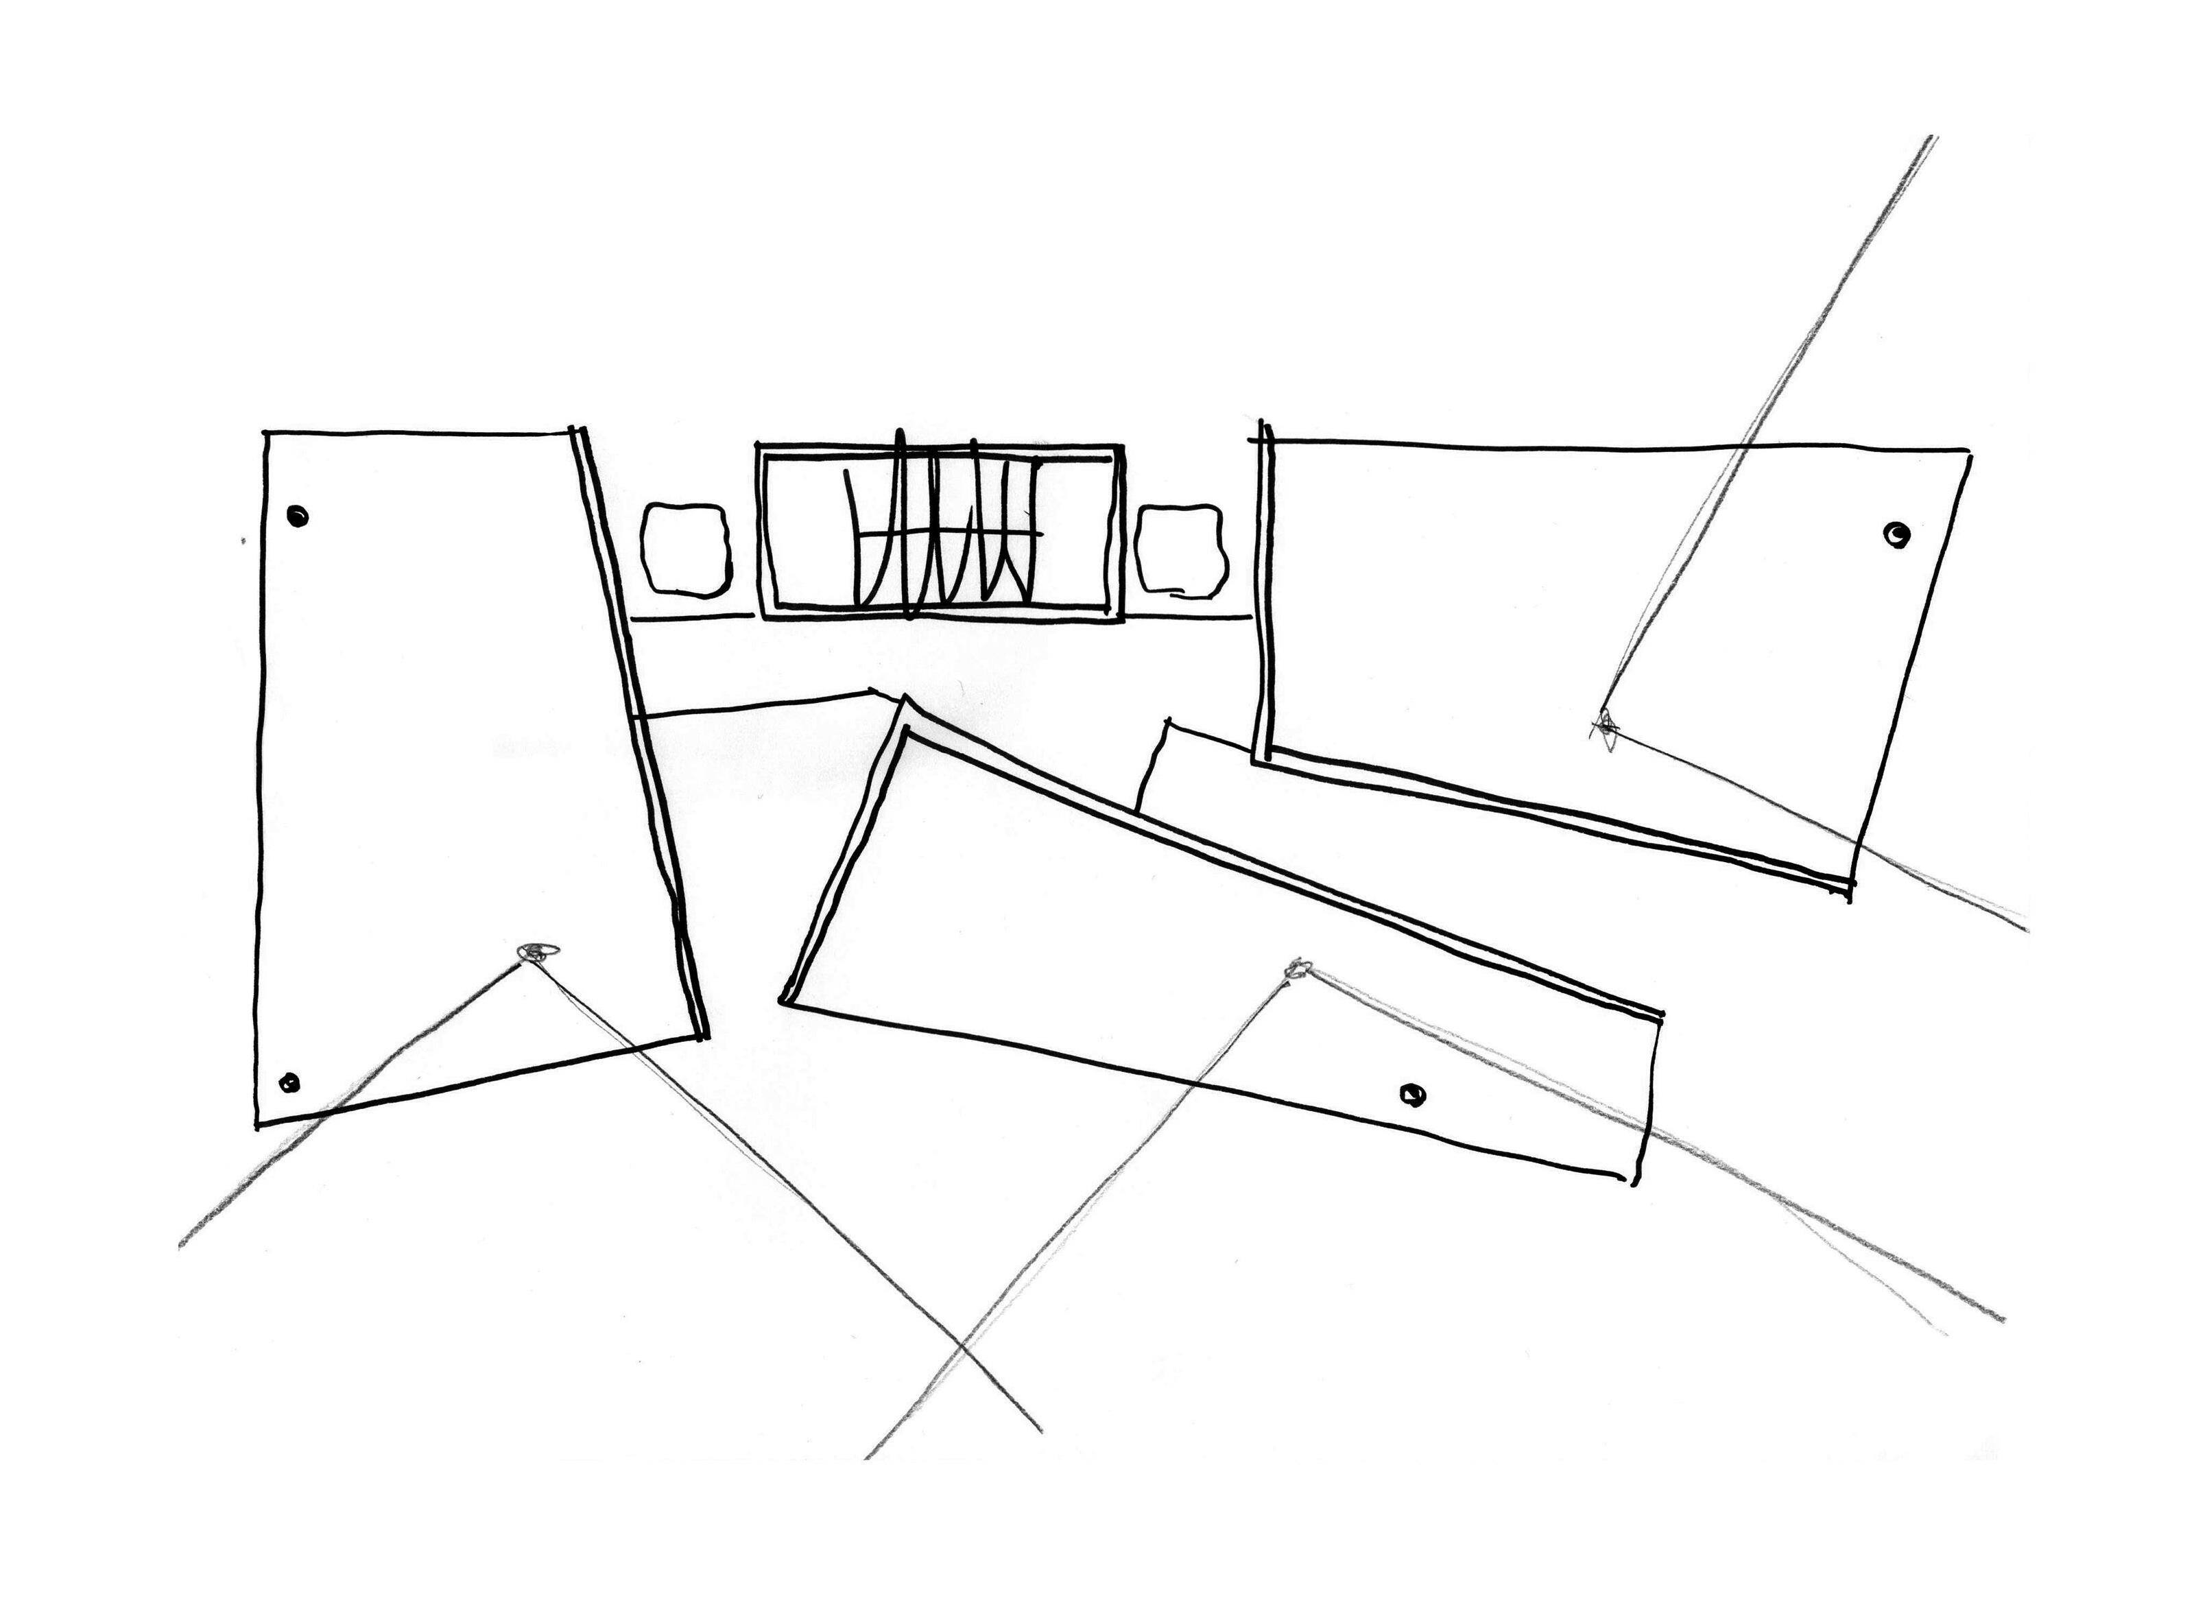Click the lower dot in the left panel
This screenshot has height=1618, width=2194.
tap(289, 1082)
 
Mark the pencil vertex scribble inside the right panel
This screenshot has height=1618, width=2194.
tap(1606, 725)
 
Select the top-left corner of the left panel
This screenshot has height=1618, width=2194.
tap(266, 432)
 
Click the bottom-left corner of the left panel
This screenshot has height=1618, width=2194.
tap(258, 1126)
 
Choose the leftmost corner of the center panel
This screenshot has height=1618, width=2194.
tap(783, 1000)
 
